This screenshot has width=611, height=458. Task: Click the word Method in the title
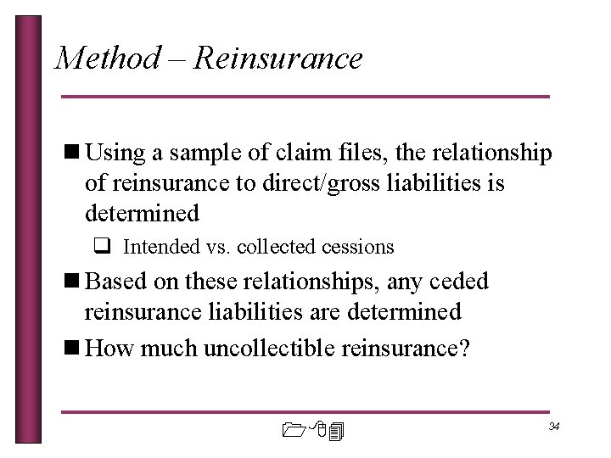point(107,59)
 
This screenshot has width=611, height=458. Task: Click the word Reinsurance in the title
point(277,59)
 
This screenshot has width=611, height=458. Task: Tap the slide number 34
point(553,425)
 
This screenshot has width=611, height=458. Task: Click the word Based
point(118,281)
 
